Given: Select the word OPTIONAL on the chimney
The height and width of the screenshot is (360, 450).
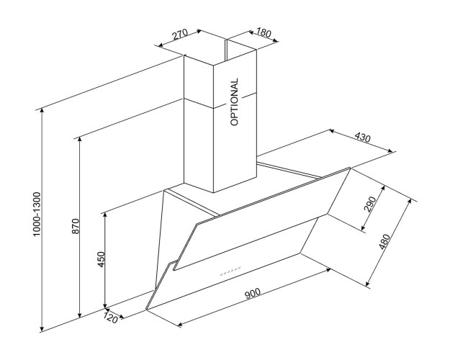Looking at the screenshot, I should click(235, 102).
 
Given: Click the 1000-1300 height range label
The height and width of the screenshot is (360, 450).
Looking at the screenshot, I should click(37, 214).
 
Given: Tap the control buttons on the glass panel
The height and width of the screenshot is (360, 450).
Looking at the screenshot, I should click(230, 273).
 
